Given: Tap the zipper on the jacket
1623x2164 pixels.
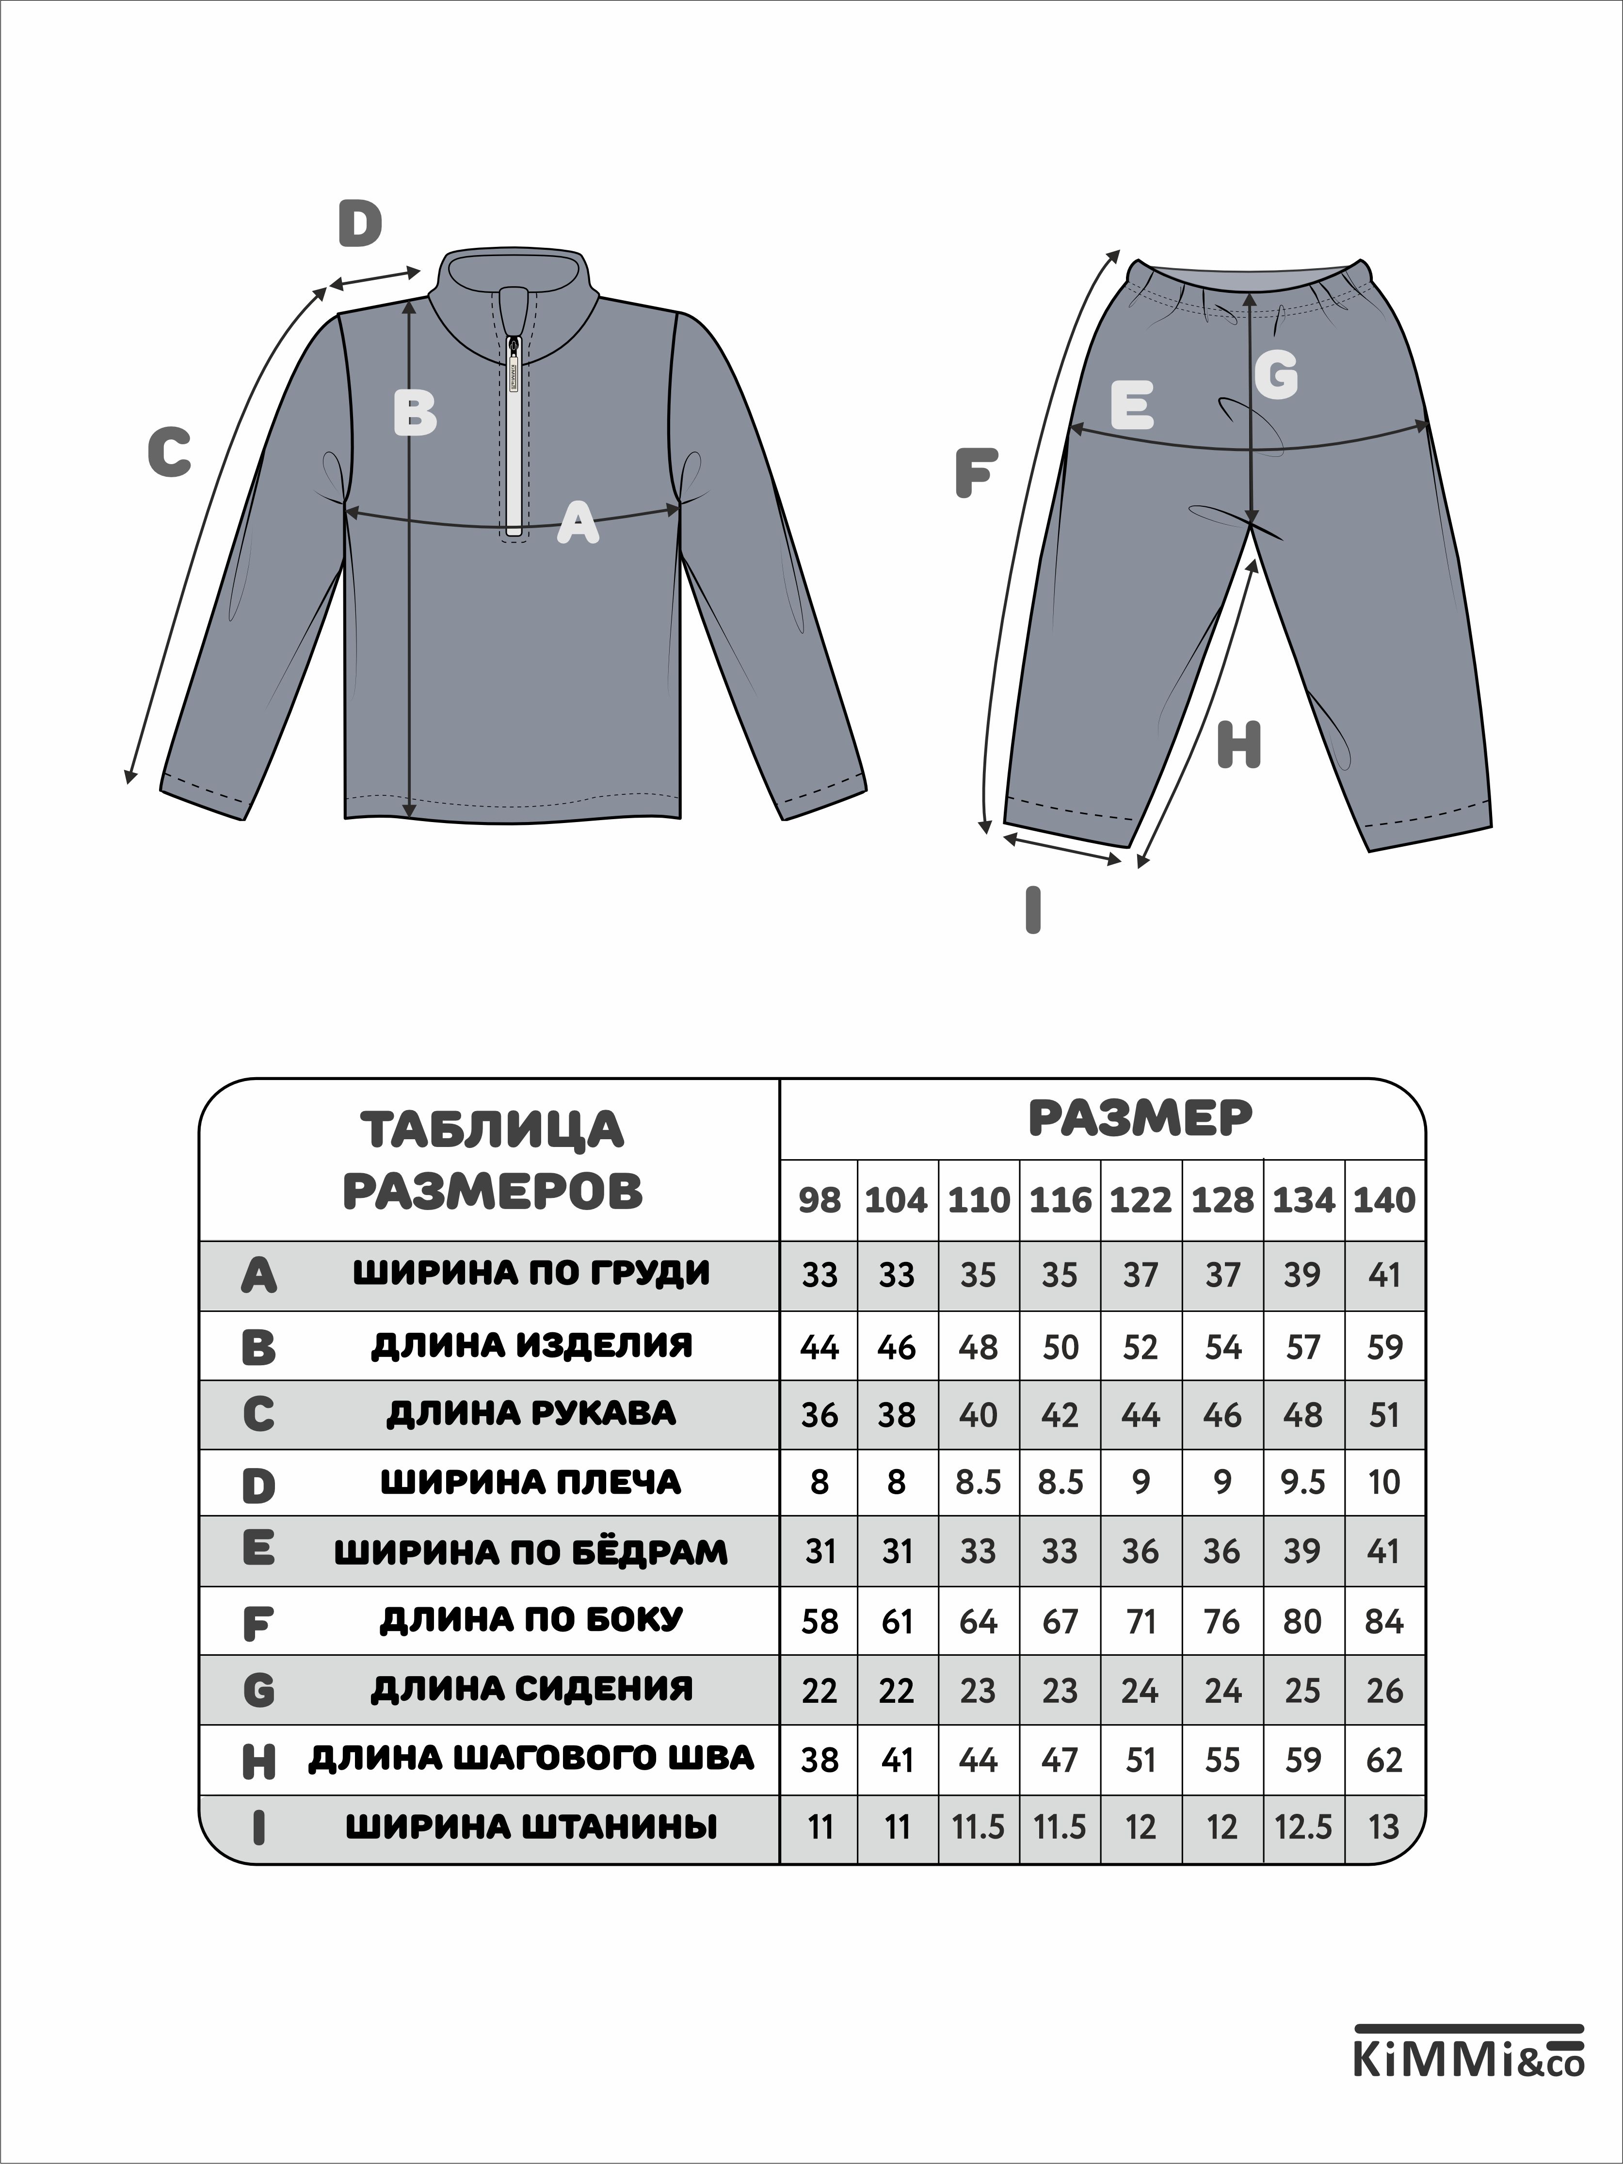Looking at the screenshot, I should (x=514, y=431).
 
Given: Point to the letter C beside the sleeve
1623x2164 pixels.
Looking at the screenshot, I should (x=169, y=453).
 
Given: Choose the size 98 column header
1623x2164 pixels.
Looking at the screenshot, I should (x=819, y=1200).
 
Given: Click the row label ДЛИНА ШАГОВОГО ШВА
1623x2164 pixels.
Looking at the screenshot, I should (x=531, y=1758).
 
